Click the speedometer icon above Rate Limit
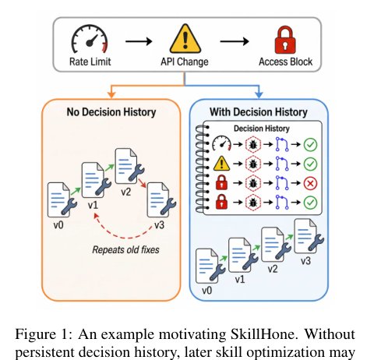[90, 39]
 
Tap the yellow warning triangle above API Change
[185, 39]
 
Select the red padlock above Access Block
[285, 40]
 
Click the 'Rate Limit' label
[90, 62]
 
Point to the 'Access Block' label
[285, 62]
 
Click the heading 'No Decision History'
[111, 112]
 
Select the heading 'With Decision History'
[259, 112]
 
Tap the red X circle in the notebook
[310, 183]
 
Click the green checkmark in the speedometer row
[310, 144]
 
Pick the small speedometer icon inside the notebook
[221, 143]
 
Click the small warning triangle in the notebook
[221, 164]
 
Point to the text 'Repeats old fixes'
[125, 250]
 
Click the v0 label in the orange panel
[58, 225]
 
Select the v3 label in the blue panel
[305, 260]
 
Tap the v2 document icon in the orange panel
[129, 166]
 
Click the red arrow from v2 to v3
[143, 183]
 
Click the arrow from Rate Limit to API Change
[139, 41]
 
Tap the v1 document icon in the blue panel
[243, 256]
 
